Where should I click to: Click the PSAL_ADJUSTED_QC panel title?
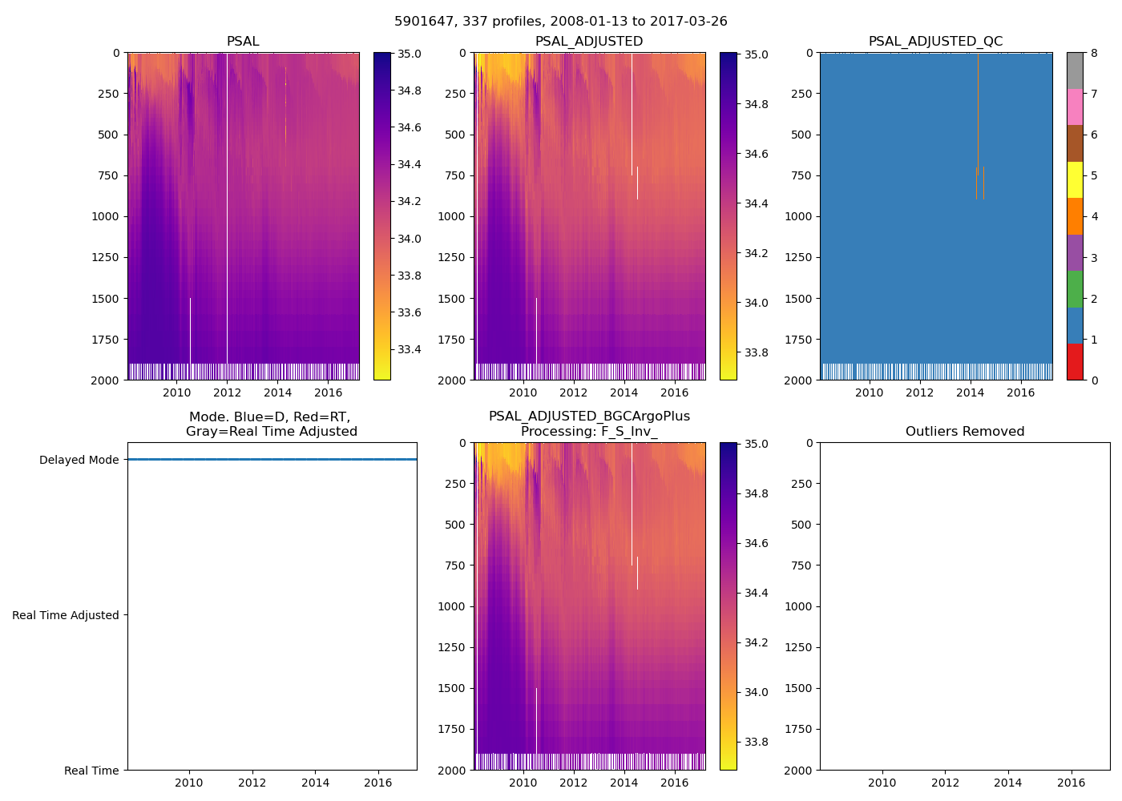[x=935, y=42]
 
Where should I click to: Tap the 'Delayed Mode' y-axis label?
[x=79, y=460]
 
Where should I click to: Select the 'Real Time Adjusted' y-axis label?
[x=66, y=615]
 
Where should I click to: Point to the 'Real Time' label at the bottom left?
[x=91, y=771]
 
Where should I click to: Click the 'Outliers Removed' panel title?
[x=965, y=432]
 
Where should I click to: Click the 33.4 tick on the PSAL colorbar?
[x=410, y=349]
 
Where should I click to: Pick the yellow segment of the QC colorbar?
[x=1075, y=179]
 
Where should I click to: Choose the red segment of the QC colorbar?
[x=1075, y=361]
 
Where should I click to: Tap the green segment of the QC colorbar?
[x=1075, y=288]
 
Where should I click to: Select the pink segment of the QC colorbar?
[x=1075, y=107]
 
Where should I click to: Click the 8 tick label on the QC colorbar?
[x=1094, y=54]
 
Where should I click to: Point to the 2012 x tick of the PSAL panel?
[x=227, y=392]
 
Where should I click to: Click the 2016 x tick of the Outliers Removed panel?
[x=1072, y=783]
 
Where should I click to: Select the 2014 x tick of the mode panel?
[x=315, y=783]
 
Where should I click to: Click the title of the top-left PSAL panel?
[x=243, y=42]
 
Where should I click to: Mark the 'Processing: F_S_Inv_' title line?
[x=589, y=432]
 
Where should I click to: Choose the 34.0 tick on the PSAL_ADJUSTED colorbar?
[x=757, y=303]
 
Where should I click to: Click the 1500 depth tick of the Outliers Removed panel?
[x=798, y=688]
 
